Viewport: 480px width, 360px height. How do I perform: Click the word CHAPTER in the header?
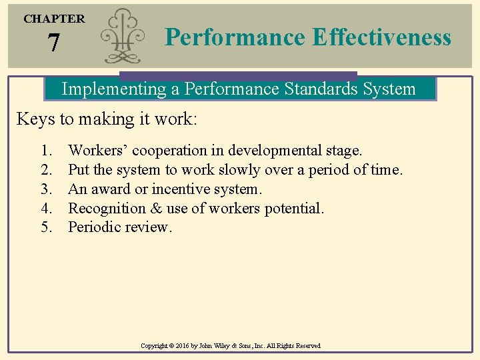[54, 19]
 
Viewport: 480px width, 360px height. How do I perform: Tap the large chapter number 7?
[54, 44]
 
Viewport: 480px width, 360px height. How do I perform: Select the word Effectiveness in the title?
[381, 37]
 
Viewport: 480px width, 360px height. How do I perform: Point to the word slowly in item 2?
[234, 170]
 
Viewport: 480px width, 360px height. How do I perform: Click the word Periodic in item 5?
[94, 227]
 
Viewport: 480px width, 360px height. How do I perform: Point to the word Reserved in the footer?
[306, 346]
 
